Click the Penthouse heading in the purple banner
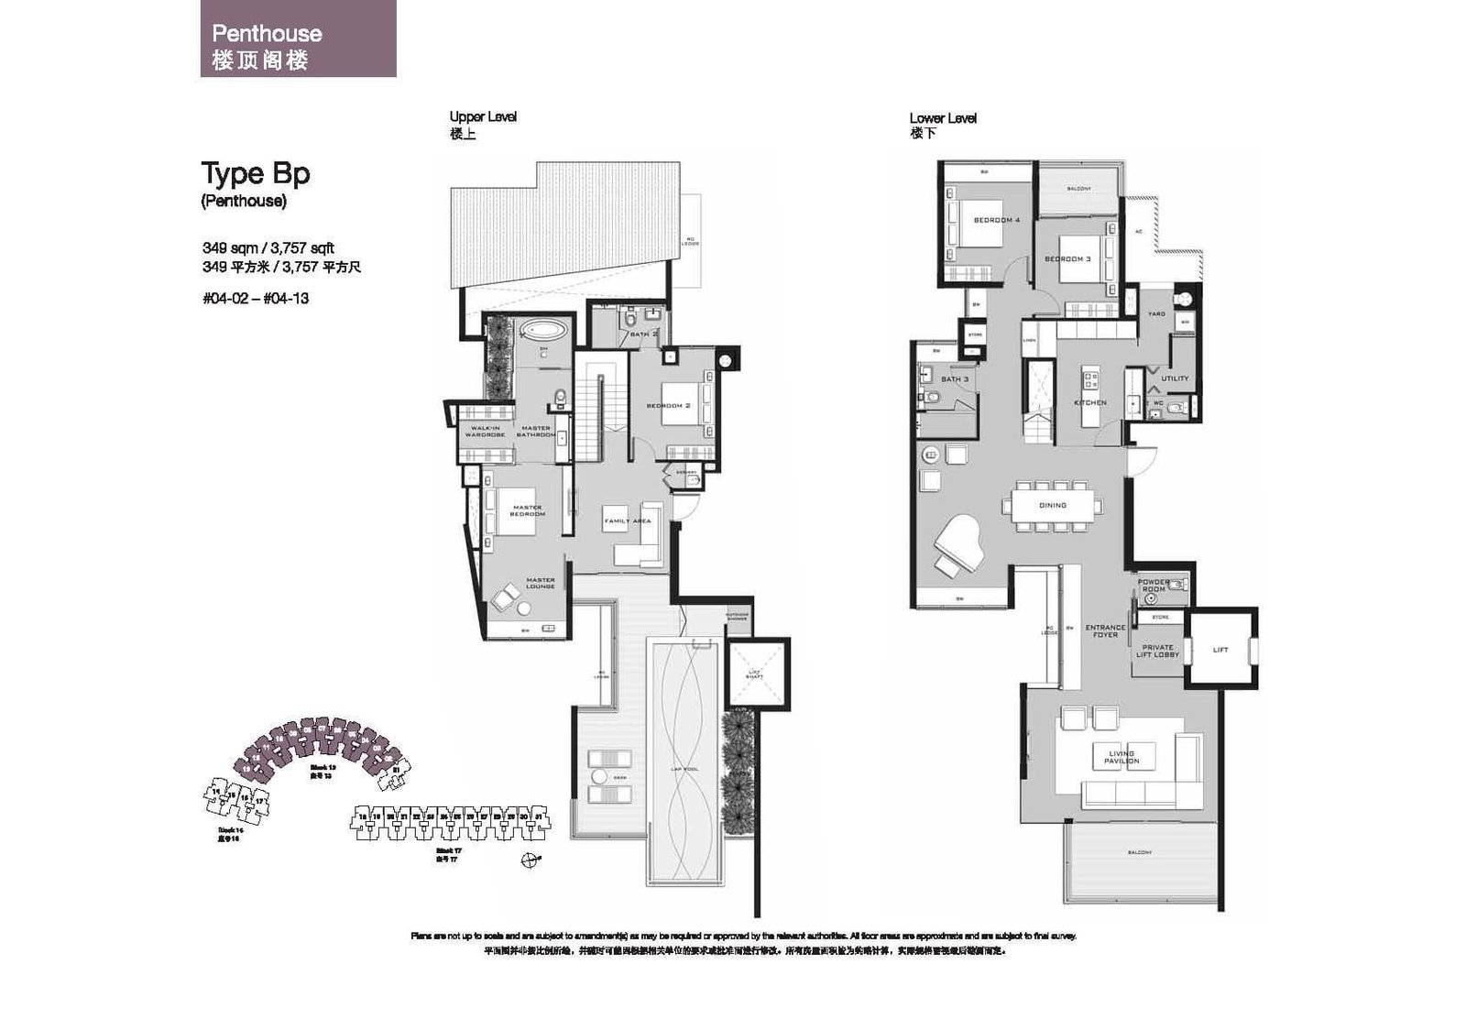267,34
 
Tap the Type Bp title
255,173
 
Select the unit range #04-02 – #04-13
256,298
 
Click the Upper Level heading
482,116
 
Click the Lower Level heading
942,117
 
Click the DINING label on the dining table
1052,505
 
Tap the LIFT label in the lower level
1220,650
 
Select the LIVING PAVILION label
1121,757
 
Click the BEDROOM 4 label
996,220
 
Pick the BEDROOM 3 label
1067,258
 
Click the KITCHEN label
1089,402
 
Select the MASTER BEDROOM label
527,510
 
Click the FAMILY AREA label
627,520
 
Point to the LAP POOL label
684,769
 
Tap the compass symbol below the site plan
529,860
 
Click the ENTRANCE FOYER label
1104,631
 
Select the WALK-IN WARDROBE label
485,431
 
